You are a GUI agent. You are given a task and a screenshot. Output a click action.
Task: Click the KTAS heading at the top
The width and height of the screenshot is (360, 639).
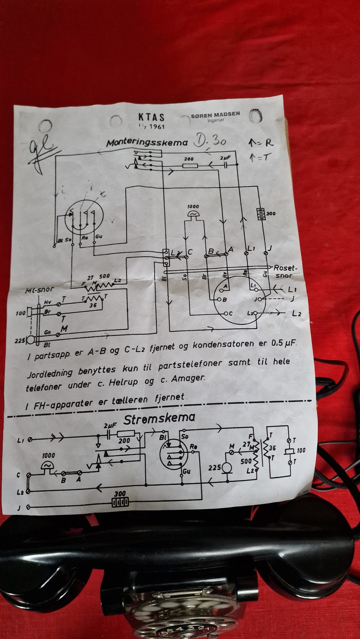(151, 117)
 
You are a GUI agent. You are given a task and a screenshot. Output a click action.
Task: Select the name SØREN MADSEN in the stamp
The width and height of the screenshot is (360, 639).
(215, 115)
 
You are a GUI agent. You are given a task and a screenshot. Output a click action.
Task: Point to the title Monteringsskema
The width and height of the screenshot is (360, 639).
(147, 143)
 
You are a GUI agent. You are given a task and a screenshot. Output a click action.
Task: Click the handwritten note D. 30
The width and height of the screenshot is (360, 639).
(210, 141)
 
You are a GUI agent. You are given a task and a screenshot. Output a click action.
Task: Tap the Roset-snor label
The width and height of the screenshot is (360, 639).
(285, 271)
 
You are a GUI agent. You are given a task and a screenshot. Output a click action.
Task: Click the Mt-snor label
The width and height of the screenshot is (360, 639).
(39, 290)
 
